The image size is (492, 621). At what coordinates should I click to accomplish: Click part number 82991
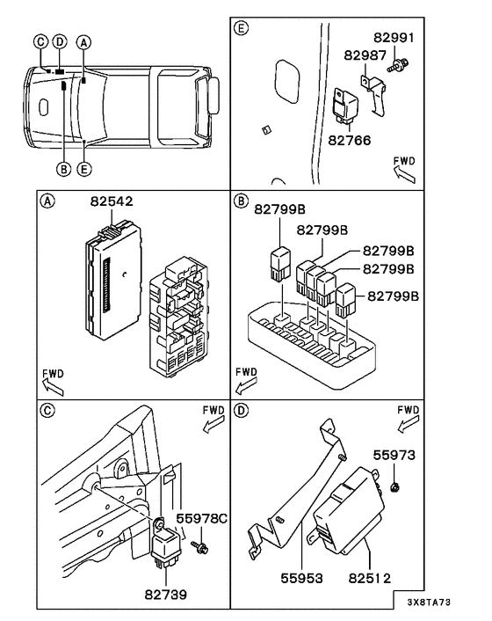[394, 38]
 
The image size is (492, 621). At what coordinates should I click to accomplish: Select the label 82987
[365, 55]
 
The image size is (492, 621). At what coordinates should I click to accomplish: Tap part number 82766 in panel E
[350, 140]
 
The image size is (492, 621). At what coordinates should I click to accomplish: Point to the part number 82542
[112, 201]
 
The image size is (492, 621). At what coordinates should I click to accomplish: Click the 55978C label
[202, 518]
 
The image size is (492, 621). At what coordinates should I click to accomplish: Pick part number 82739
[166, 595]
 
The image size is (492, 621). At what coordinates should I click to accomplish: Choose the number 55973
[394, 456]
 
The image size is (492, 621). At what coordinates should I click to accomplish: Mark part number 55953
[301, 578]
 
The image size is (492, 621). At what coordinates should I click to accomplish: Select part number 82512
[370, 578]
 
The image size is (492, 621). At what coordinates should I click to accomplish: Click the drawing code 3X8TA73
[429, 603]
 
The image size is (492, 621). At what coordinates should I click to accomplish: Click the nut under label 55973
[394, 486]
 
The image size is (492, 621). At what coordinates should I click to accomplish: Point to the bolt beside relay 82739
[200, 548]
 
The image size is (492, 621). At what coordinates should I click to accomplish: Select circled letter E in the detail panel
[242, 28]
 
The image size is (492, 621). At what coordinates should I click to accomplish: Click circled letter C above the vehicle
[40, 41]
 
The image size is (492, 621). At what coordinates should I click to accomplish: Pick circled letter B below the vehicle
[63, 169]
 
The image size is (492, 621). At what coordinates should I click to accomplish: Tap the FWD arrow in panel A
[53, 386]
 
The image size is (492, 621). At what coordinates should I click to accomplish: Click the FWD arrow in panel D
[409, 424]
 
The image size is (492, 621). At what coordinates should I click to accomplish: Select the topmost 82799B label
[279, 209]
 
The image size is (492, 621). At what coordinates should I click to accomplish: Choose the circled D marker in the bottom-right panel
[242, 410]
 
